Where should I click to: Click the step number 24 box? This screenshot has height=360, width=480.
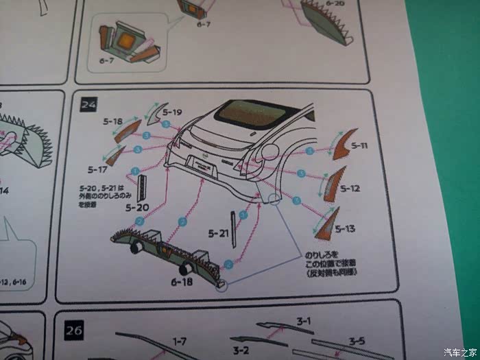coord(88,105)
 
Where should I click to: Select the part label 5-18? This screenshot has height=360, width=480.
coord(112,122)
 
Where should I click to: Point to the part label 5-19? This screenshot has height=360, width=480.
coord(173,112)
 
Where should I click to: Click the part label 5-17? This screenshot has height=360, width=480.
coord(97,169)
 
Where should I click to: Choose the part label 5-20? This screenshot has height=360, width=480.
coord(137,207)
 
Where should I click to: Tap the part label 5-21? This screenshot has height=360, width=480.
coord(217,234)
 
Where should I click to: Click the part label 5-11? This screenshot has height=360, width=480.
coord(359,146)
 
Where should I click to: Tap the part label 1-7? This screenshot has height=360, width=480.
coord(179,341)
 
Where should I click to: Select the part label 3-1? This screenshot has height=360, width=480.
coord(304,320)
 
